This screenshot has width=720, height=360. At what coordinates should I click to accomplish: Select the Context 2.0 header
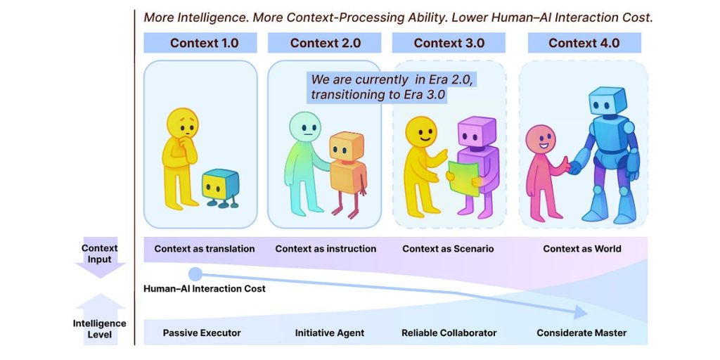pos(325,43)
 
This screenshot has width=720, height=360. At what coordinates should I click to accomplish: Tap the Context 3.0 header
pos(449,43)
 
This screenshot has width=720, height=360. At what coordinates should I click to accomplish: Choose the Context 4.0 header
pos(584,43)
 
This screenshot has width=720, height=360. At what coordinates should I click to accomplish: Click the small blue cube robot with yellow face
pos(220,186)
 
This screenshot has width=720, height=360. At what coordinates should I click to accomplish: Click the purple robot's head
pos(477,134)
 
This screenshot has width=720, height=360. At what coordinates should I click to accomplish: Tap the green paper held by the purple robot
pos(463,178)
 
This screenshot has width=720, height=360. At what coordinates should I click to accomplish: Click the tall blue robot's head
pos(607,103)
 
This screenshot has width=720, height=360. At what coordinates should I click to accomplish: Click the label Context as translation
pos(205,249)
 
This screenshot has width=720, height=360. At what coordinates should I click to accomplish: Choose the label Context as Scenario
pos(448,249)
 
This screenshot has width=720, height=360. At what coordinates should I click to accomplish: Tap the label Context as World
pos(582,249)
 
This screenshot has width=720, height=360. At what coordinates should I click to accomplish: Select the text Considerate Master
pos(581,333)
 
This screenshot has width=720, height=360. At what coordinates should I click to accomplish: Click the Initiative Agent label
pos(330,333)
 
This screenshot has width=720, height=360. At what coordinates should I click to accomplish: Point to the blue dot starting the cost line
pos(196,274)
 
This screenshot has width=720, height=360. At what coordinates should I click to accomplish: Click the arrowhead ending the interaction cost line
pos(580,312)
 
